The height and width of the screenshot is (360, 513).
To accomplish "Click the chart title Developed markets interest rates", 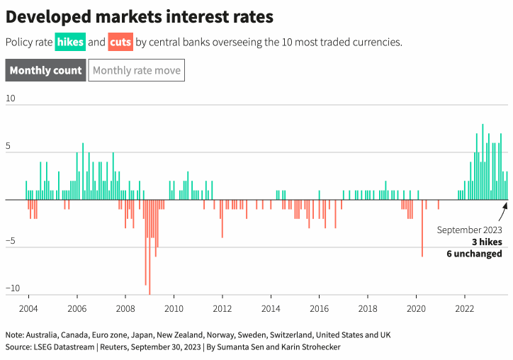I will click(x=140, y=16).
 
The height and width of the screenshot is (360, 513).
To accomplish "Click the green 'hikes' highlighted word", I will click(x=71, y=42).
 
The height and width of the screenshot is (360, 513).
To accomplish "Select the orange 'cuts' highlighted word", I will click(x=120, y=42).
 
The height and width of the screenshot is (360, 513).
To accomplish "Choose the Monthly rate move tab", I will click(x=137, y=70).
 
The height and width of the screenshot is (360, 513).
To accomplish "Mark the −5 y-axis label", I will click(x=10, y=241).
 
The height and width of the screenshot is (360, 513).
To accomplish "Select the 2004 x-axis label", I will click(x=28, y=308).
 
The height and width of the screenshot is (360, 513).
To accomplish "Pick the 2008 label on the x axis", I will click(x=125, y=308).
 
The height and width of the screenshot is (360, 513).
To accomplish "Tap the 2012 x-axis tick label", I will click(x=222, y=308).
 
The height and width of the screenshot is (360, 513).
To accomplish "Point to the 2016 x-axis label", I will click(x=319, y=308).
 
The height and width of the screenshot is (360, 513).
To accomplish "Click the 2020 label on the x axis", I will click(x=416, y=308).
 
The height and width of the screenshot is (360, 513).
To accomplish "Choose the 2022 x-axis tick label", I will click(x=464, y=308).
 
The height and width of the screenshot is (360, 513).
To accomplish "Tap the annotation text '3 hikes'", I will click(x=487, y=242).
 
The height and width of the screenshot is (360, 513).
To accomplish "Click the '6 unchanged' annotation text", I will click(x=475, y=254).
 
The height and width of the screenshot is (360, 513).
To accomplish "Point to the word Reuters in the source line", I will click(x=116, y=347).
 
